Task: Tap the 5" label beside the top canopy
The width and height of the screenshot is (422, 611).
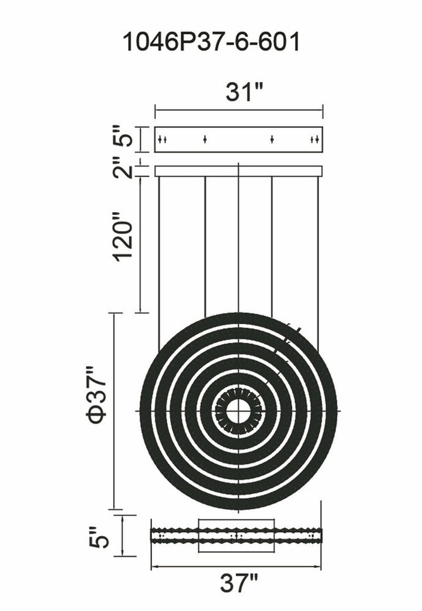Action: point(123,136)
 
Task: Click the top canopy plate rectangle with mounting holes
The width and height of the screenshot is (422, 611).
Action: point(239,139)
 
